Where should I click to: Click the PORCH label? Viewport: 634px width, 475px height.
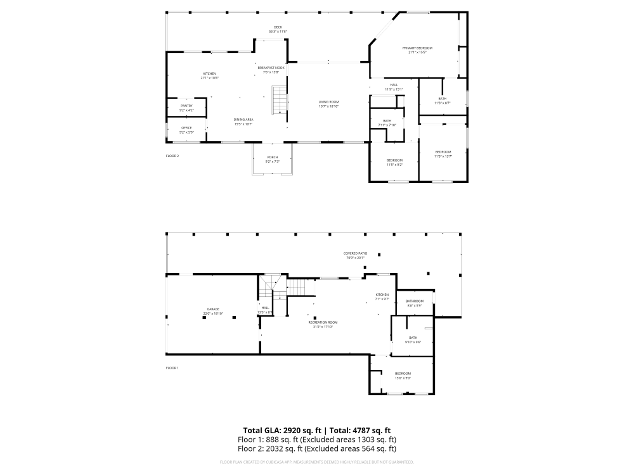(x=272, y=159)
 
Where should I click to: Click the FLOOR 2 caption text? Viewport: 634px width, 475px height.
(x=172, y=155)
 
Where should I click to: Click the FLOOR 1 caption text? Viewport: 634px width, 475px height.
(x=172, y=368)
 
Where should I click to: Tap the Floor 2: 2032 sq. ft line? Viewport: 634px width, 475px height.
(x=317, y=448)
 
